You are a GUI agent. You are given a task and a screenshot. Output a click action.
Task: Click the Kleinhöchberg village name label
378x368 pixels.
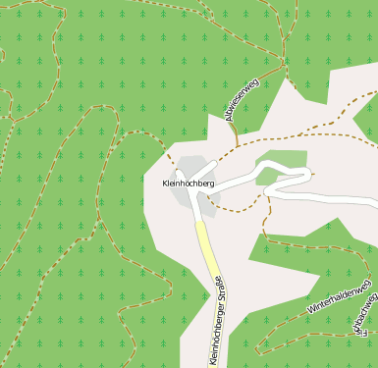tap(188, 184)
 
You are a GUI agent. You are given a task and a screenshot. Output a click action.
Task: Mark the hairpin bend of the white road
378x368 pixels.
tap(309, 175)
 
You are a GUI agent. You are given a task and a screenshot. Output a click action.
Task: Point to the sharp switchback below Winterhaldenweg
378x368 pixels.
tap(259, 349)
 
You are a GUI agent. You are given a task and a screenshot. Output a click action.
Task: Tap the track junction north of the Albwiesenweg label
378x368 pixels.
tap(284, 66)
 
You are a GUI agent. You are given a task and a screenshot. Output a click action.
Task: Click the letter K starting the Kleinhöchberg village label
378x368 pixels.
tap(165, 184)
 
